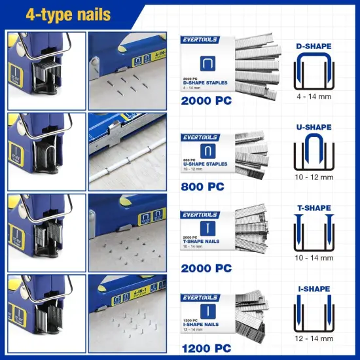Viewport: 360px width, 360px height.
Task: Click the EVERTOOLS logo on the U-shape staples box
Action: [x=201, y=137]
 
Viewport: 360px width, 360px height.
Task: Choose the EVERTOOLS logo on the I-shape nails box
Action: [x=201, y=298]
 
